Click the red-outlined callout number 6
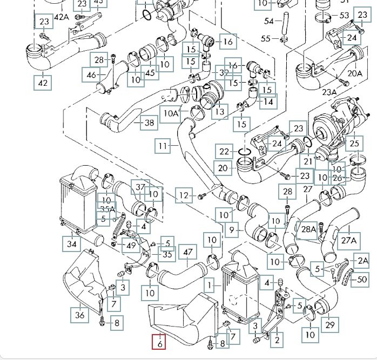point(160,342)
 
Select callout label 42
point(43,83)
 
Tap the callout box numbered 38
point(150,123)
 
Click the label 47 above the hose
point(188,253)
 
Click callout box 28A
point(308,229)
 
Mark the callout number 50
point(362,280)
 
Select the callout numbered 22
point(224,152)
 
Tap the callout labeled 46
point(91,74)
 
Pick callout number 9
point(232,230)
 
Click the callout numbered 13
point(220,112)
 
